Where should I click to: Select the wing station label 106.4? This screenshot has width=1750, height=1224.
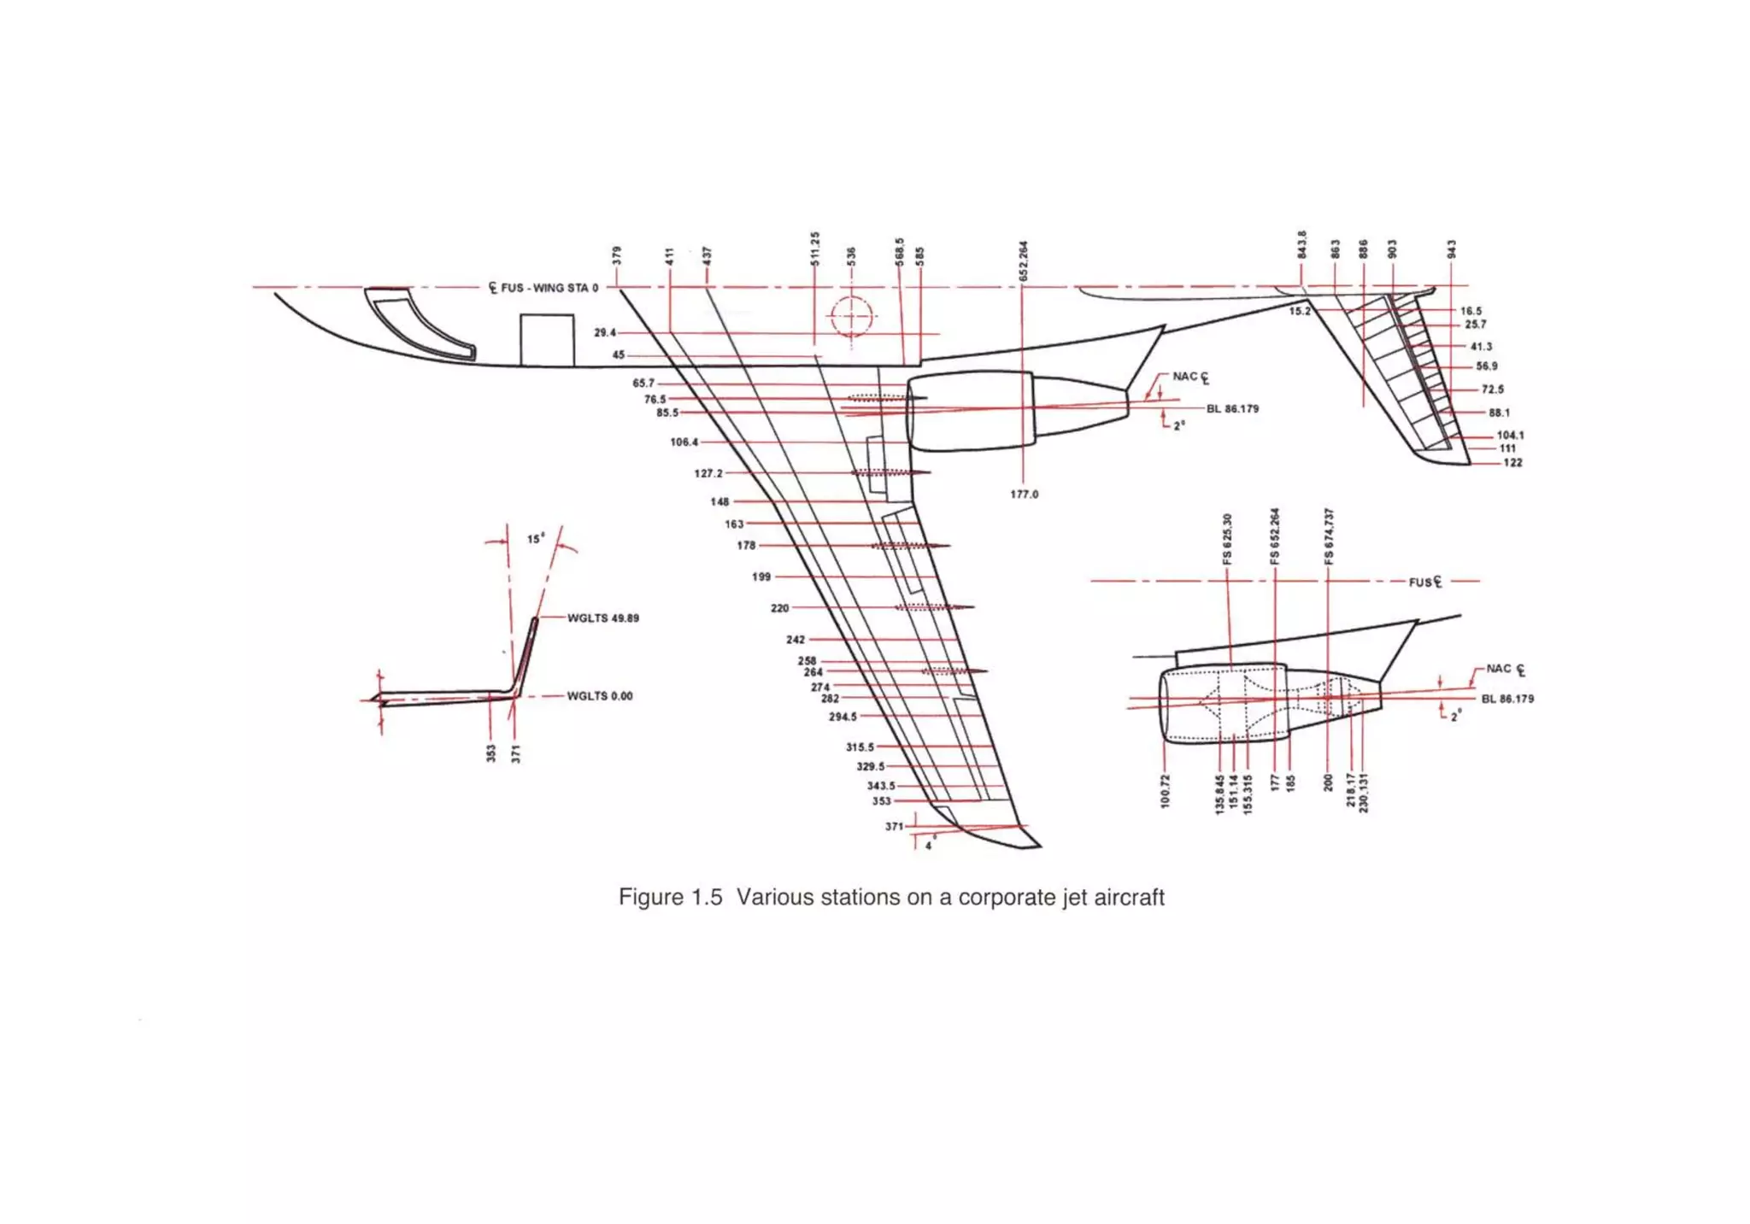(684, 442)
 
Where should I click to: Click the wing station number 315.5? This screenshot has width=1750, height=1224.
(860, 747)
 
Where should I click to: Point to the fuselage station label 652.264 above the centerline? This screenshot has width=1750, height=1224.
(1024, 260)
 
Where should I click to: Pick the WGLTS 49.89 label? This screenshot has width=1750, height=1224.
(603, 618)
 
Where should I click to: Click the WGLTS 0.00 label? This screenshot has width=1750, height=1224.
(600, 696)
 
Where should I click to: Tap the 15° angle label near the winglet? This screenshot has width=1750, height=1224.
(535, 539)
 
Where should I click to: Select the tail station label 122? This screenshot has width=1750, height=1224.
(1512, 463)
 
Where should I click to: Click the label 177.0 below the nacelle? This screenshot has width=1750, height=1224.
(1024, 495)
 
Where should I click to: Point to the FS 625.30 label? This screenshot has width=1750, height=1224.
(1227, 538)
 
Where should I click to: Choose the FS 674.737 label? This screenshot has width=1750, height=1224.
(1329, 536)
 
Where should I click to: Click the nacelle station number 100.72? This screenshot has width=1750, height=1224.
(1166, 791)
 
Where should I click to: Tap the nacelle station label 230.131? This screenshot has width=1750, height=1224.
(1363, 793)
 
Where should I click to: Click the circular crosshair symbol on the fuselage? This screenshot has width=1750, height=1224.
(851, 318)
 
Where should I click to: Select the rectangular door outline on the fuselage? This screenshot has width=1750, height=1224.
(547, 340)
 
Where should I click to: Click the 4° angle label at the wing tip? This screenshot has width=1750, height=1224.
(930, 845)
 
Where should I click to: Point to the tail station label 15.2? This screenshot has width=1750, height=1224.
(1299, 311)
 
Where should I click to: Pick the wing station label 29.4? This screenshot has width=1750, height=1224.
(604, 332)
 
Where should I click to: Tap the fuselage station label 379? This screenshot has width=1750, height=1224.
(617, 255)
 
